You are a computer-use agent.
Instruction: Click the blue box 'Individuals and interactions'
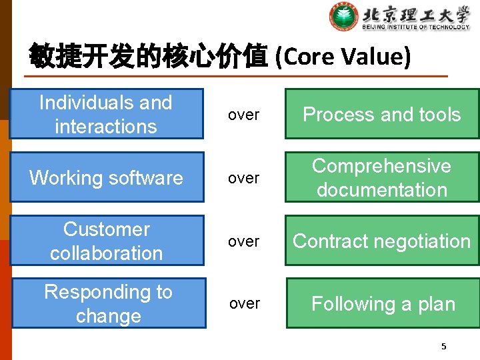click(106, 114)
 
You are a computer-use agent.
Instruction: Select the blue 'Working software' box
click(106, 177)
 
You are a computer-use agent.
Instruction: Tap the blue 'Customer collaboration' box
click(106, 241)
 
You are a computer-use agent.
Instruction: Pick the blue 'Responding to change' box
click(108, 303)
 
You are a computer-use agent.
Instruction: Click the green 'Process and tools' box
click(382, 114)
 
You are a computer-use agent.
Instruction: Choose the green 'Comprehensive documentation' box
click(382, 177)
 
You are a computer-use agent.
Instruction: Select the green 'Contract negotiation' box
click(382, 241)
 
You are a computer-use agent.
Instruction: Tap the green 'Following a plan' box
click(383, 304)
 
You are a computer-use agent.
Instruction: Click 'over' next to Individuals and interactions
click(243, 115)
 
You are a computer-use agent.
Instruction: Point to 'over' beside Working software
click(243, 178)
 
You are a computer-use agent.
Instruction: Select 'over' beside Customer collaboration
click(243, 241)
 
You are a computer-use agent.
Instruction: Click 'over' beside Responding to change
click(245, 304)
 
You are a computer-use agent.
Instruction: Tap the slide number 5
click(443, 347)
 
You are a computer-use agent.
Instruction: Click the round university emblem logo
click(343, 17)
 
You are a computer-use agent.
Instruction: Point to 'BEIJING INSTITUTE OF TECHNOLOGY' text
click(415, 27)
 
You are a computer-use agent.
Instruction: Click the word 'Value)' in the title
click(375, 57)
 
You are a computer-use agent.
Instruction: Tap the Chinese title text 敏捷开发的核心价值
click(148, 57)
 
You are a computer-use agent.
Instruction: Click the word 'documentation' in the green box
click(382, 190)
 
